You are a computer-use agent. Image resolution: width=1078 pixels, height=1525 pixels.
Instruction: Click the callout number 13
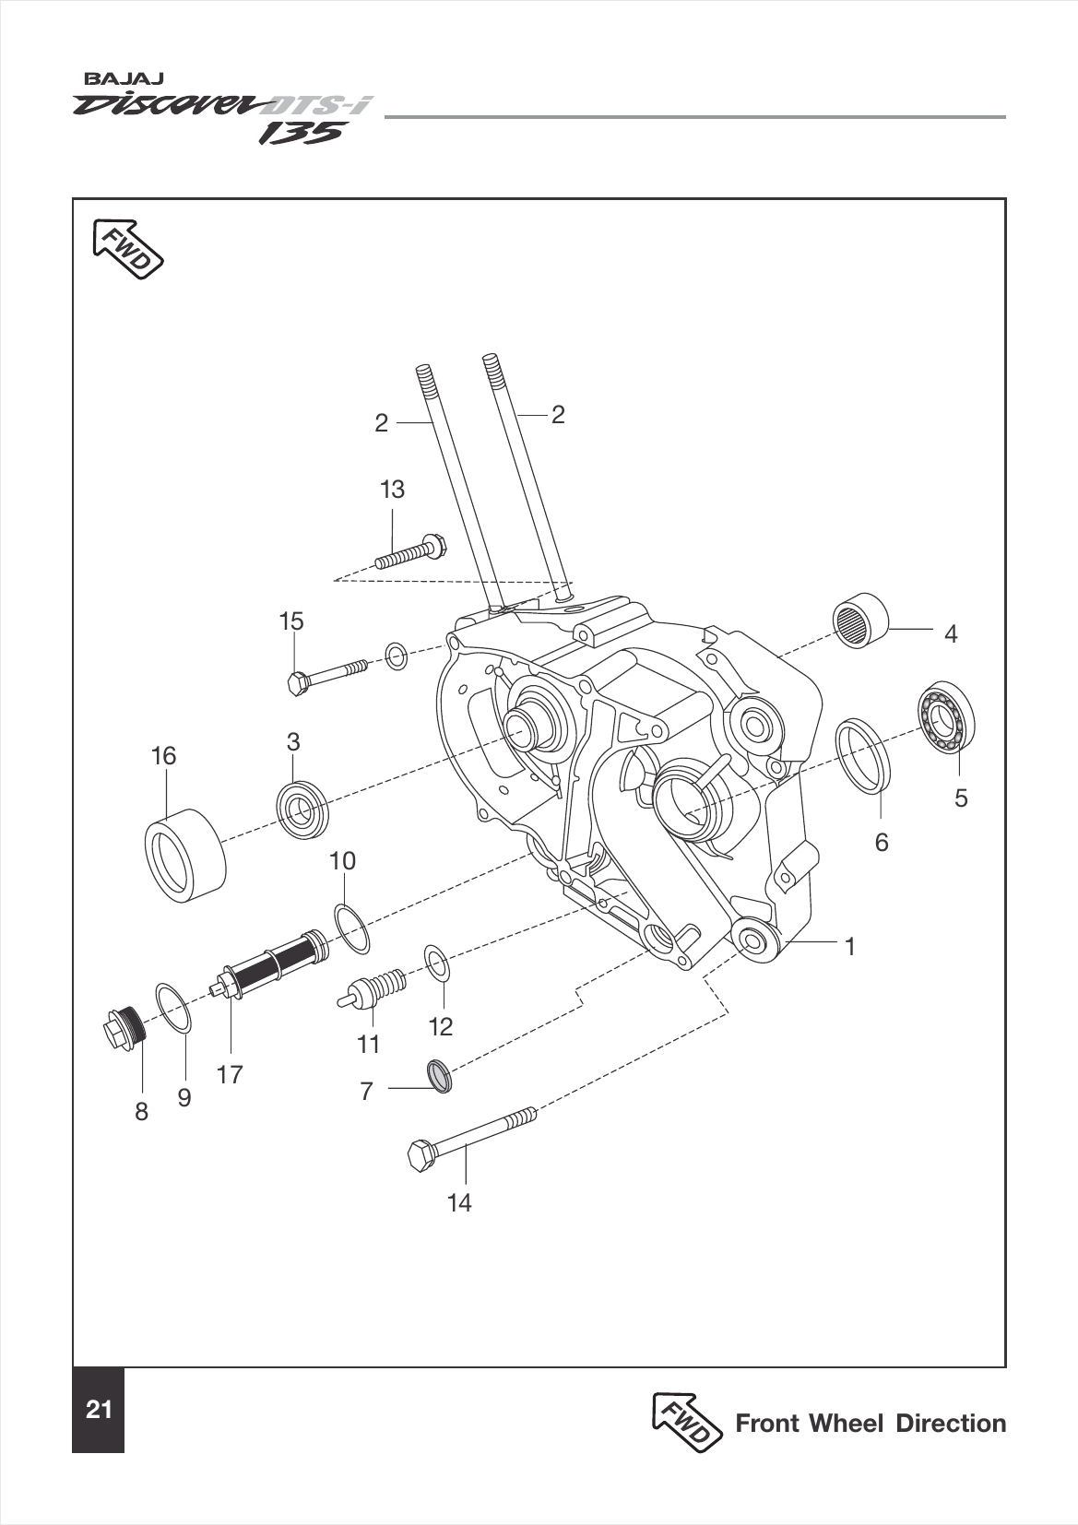click(x=392, y=490)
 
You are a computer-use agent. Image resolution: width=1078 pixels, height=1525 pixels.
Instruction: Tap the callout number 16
click(x=163, y=756)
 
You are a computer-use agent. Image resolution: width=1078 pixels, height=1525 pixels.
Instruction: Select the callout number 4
click(x=951, y=633)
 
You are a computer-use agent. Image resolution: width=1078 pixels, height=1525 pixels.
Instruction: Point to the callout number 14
click(x=459, y=1202)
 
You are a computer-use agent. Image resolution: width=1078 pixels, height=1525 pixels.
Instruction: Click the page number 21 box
click(x=98, y=1410)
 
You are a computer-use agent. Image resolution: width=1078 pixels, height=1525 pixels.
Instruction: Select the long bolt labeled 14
click(x=470, y=1135)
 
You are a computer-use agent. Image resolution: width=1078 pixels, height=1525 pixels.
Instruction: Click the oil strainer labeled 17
click(x=273, y=965)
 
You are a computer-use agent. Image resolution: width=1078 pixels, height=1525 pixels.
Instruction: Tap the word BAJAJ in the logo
click(x=125, y=80)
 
